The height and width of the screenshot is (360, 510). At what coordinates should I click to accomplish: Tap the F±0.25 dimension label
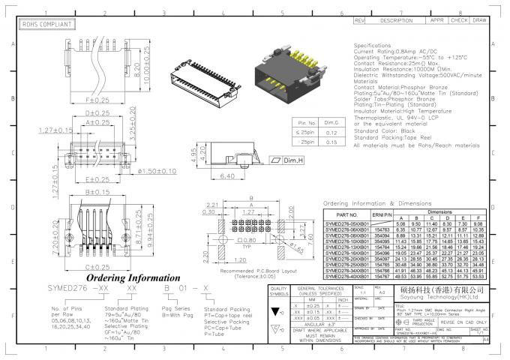pos(97,99)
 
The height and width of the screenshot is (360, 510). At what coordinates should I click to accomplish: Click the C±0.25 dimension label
pos(97,266)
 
